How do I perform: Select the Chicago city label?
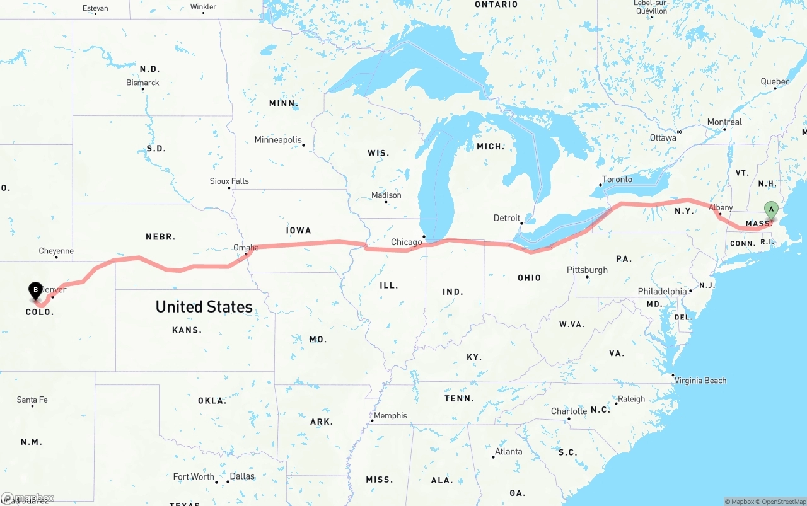pyautogui.click(x=406, y=243)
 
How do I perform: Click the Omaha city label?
pyautogui.click(x=246, y=248)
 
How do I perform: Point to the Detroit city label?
pyautogui.click(x=507, y=218)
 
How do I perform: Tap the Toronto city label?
pyautogui.click(x=617, y=180)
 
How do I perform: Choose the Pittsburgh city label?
pyautogui.click(x=587, y=270)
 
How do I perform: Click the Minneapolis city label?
pyautogui.click(x=278, y=140)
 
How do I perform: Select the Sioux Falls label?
pyautogui.click(x=229, y=181)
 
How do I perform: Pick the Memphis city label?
pyautogui.click(x=390, y=416)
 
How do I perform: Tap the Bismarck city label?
pyautogui.click(x=142, y=83)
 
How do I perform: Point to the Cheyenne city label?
pyautogui.click(x=56, y=251)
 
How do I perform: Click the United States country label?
pyautogui.click(x=204, y=307)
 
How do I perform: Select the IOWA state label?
pyautogui.click(x=298, y=231)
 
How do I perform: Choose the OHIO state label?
pyautogui.click(x=529, y=278)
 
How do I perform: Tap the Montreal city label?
pyautogui.click(x=724, y=122)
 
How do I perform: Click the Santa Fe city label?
pyautogui.click(x=32, y=400)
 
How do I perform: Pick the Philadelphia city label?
pyautogui.click(x=662, y=292)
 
